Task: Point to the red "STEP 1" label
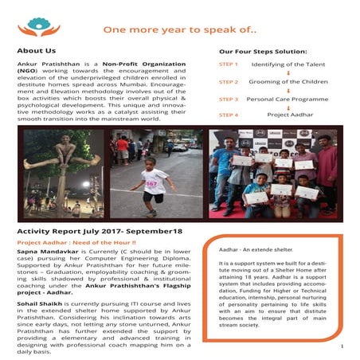point(228,65)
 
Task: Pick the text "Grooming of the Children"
point(289,81)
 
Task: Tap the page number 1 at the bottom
point(341,346)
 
